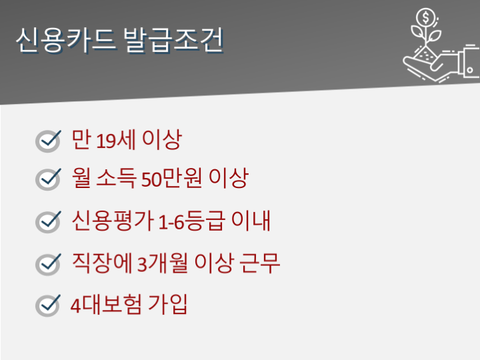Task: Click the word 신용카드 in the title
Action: [66, 40]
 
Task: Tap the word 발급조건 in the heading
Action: [173, 40]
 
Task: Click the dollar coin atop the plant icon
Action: [425, 17]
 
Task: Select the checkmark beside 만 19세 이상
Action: [48, 141]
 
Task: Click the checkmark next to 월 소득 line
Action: [48, 179]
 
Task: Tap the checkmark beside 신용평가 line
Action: [48, 222]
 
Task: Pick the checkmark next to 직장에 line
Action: [48, 265]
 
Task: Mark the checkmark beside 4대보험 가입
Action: [48, 305]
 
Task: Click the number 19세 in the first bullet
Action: [116, 140]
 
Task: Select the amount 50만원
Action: [171, 178]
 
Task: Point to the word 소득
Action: [116, 178]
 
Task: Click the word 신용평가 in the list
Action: [113, 221]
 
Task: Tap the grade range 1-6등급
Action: [192, 221]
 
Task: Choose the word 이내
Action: [251, 221]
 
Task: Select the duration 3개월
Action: [162, 263]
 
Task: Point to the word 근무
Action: [259, 263]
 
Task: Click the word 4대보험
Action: [106, 305]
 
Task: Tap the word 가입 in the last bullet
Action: [167, 305]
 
